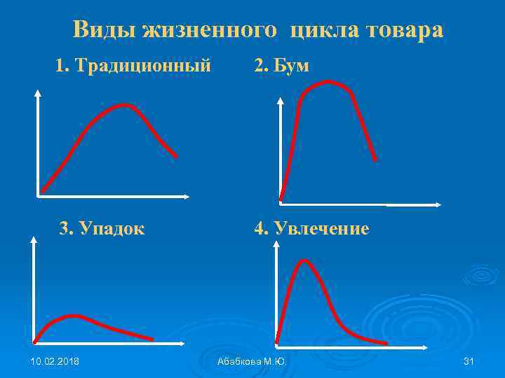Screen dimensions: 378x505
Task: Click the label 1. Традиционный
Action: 133,66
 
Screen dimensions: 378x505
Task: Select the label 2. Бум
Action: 281,66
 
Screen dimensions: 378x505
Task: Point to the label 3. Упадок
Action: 102,229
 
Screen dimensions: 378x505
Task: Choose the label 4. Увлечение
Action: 311,229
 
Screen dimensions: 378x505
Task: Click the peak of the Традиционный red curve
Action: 126,105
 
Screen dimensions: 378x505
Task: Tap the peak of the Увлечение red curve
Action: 304,260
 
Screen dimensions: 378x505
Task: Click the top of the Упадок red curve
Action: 72,316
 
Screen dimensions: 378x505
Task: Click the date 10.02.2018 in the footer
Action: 55,361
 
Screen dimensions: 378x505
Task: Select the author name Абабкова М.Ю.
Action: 252,361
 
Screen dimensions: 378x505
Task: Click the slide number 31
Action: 469,361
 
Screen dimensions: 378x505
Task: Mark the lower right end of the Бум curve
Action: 375,160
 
